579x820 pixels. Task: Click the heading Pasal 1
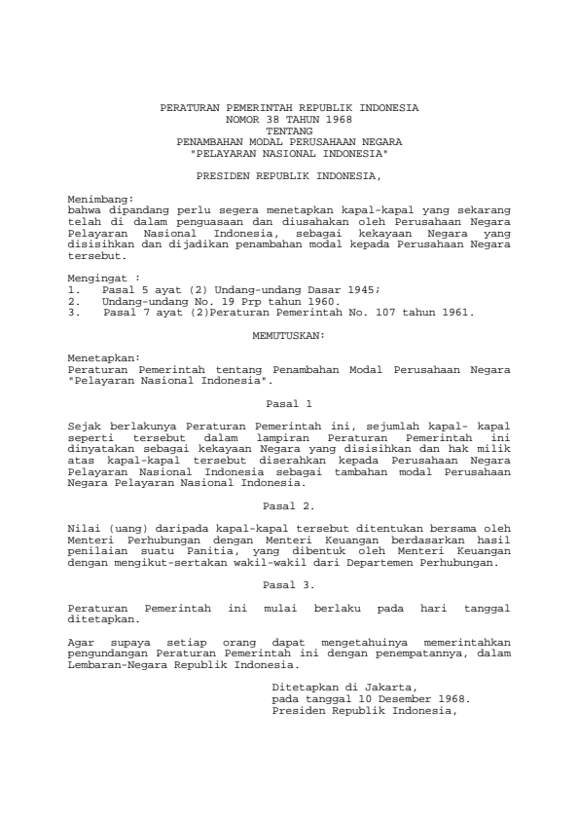289,401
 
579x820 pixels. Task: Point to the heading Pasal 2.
289,505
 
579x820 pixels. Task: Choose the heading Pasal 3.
289,584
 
